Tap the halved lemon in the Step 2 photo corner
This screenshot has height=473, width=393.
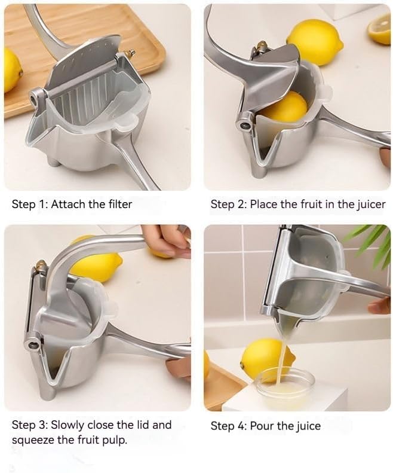click(x=380, y=29)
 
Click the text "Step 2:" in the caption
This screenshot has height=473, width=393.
click(x=228, y=205)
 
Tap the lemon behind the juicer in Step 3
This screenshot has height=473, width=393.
click(x=99, y=263)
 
